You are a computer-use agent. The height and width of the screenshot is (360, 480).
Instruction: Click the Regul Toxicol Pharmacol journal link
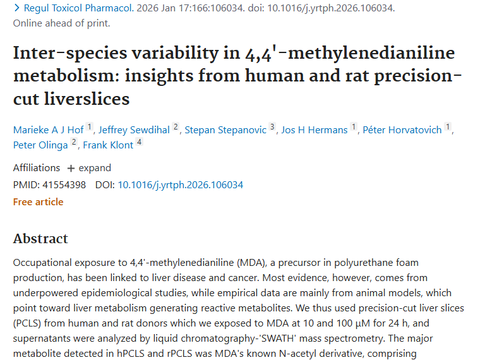(77, 8)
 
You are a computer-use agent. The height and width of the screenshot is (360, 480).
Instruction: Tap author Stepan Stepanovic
(225, 129)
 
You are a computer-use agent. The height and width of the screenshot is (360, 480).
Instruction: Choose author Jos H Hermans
(314, 129)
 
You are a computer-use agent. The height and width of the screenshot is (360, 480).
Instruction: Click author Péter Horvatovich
(402, 129)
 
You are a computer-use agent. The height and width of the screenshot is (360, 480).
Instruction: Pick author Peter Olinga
(40, 145)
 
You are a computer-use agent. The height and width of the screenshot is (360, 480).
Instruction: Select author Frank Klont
(108, 145)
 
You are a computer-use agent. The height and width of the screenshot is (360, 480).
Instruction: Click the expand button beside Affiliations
(89, 168)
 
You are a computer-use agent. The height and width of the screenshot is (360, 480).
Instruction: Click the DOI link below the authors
(180, 185)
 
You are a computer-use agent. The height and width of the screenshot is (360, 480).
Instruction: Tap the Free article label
(38, 202)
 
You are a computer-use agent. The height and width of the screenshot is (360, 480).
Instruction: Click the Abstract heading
(40, 239)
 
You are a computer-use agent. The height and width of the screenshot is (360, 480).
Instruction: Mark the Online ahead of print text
(61, 23)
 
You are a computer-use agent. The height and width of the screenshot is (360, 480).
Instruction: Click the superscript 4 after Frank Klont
(140, 142)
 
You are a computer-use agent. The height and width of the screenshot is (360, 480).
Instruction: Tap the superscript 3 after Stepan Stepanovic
(272, 127)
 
